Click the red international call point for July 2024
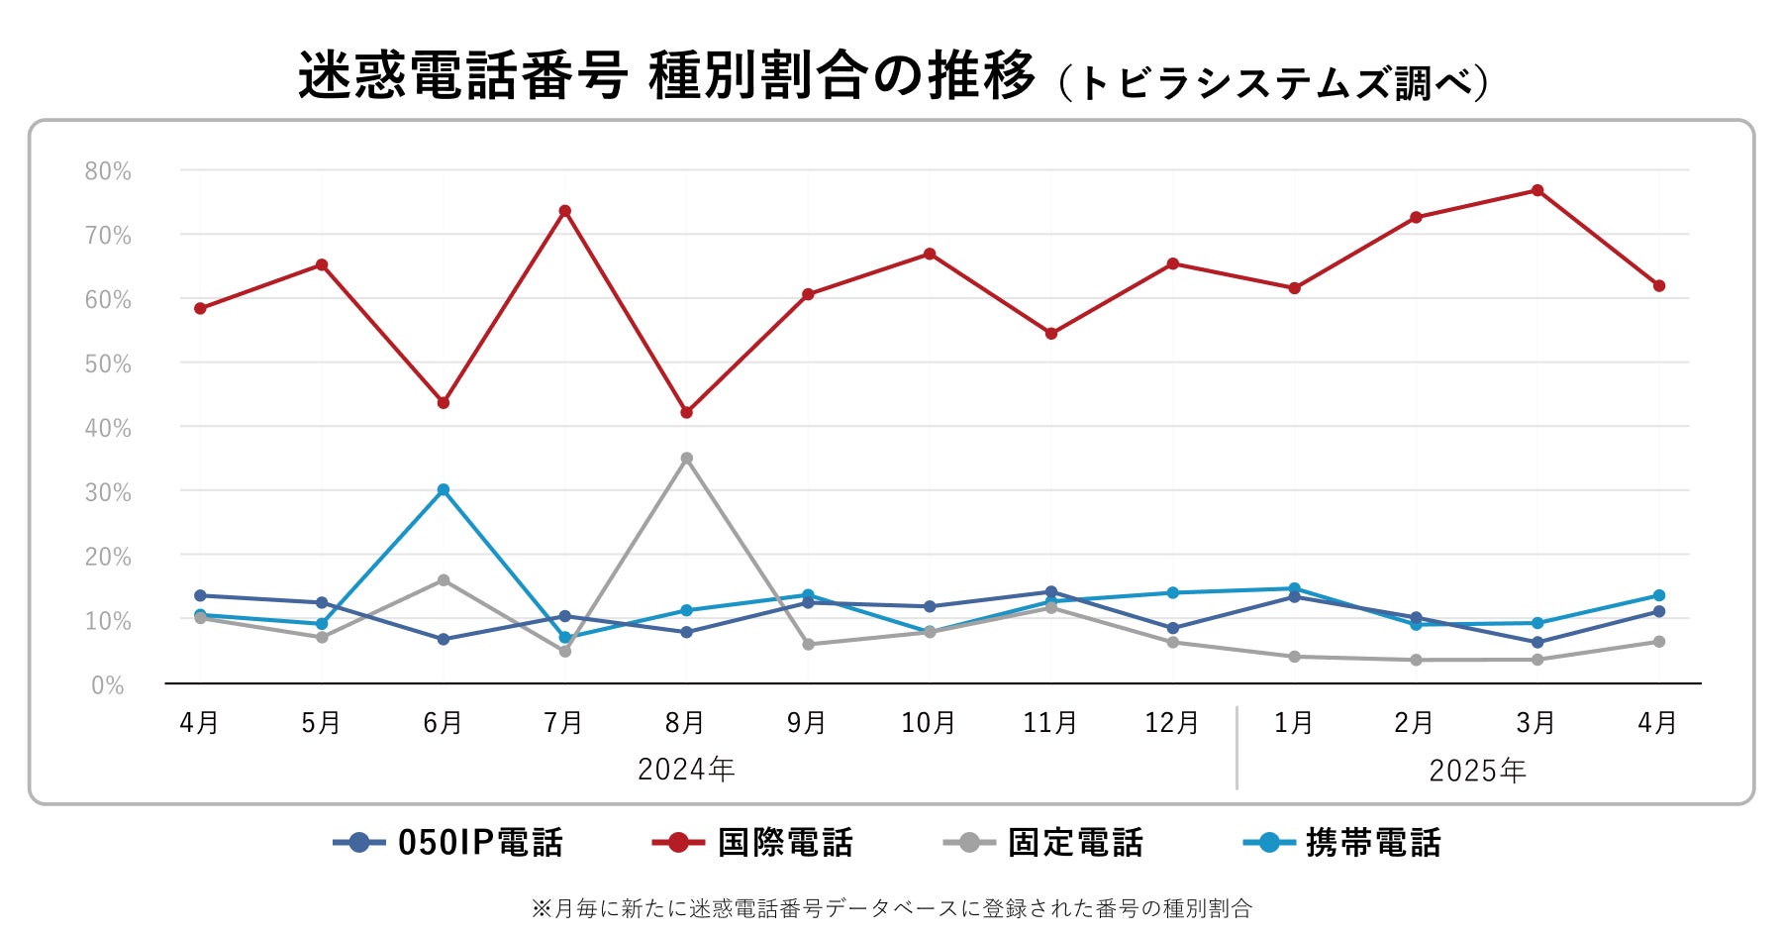click(x=564, y=211)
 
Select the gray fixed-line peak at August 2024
click(x=686, y=459)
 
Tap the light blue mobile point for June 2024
click(x=443, y=489)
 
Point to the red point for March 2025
click(x=1536, y=190)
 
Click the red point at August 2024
click(x=686, y=412)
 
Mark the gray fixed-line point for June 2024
click(x=443, y=580)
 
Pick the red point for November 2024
click(x=1050, y=334)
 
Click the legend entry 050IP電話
click(x=448, y=843)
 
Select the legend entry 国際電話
click(x=752, y=843)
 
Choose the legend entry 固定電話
click(x=1043, y=843)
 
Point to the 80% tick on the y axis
click(x=108, y=171)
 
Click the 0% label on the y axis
click(x=108, y=685)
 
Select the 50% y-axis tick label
click(x=108, y=364)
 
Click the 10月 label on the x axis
click(x=928, y=723)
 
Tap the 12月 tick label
click(x=1171, y=723)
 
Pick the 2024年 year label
click(x=686, y=770)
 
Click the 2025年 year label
click(x=1477, y=771)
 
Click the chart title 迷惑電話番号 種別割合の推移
click(x=666, y=76)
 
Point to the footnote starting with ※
click(x=891, y=908)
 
